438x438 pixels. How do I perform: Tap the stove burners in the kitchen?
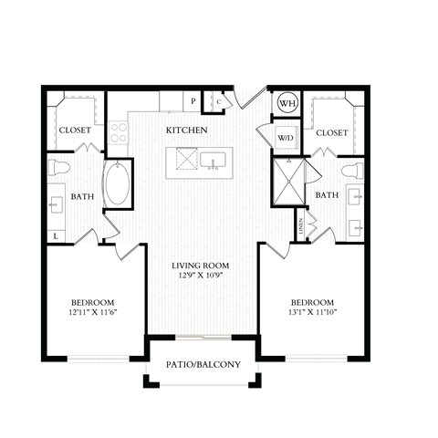pyautogui.click(x=120, y=134)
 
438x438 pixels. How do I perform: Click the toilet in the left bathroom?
pyautogui.click(x=60, y=167)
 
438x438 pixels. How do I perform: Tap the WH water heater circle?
pyautogui.click(x=287, y=103)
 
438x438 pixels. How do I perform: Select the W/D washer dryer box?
pyautogui.click(x=286, y=137)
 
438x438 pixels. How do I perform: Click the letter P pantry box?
pyautogui.click(x=193, y=101)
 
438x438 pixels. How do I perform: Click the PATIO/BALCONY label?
pyautogui.click(x=203, y=365)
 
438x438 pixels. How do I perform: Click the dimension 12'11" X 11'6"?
pyautogui.click(x=92, y=313)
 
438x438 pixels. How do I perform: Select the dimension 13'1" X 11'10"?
pyautogui.click(x=312, y=313)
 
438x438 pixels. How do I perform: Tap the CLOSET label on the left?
pyautogui.click(x=75, y=130)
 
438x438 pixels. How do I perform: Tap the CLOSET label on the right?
pyautogui.click(x=331, y=132)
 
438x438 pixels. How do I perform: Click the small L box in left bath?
pyautogui.click(x=57, y=236)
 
